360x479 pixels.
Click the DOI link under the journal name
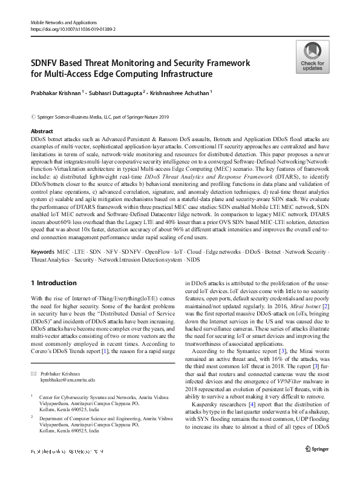click(73, 28)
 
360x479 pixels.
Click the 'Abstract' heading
click(41, 131)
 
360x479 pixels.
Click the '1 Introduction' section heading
click(53, 283)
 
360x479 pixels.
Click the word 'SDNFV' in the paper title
click(49, 63)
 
